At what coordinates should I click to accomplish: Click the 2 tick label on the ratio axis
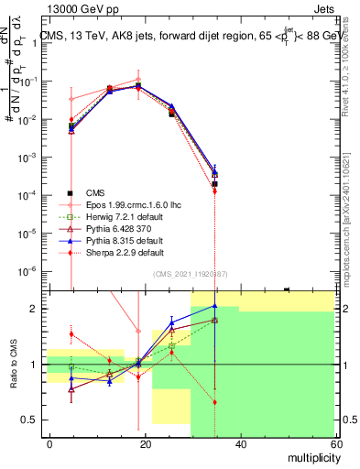point(37,309)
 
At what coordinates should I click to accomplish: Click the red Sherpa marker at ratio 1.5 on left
point(71,334)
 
